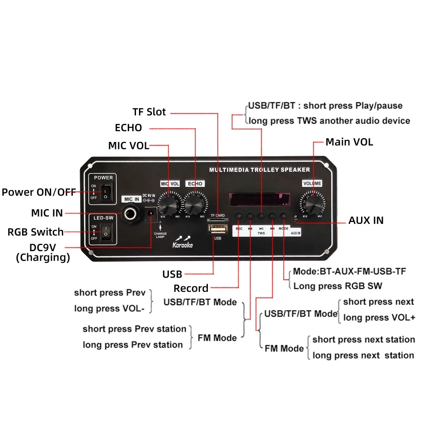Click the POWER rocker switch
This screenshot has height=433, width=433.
pyautogui.click(x=105, y=192)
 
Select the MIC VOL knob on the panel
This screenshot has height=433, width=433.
pyautogui.click(x=169, y=202)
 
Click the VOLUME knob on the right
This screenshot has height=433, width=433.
pyautogui.click(x=312, y=203)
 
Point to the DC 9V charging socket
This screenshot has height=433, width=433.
pyautogui.click(x=151, y=214)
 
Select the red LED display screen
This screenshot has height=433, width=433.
pyautogui.click(x=259, y=199)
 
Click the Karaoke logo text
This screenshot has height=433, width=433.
pyautogui.click(x=182, y=245)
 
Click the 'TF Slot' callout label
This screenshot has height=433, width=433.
pyautogui.click(x=149, y=112)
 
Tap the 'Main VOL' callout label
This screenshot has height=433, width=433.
pyautogui.click(x=349, y=142)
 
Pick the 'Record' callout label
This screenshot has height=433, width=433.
pyautogui.click(x=191, y=288)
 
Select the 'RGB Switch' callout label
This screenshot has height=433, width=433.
pyautogui.click(x=36, y=232)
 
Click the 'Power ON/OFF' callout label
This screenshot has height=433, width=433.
pyautogui.click(x=39, y=192)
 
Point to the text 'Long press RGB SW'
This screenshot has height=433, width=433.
pyautogui.click(x=338, y=286)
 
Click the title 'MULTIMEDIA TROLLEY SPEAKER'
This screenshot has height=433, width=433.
pyautogui.click(x=259, y=170)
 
